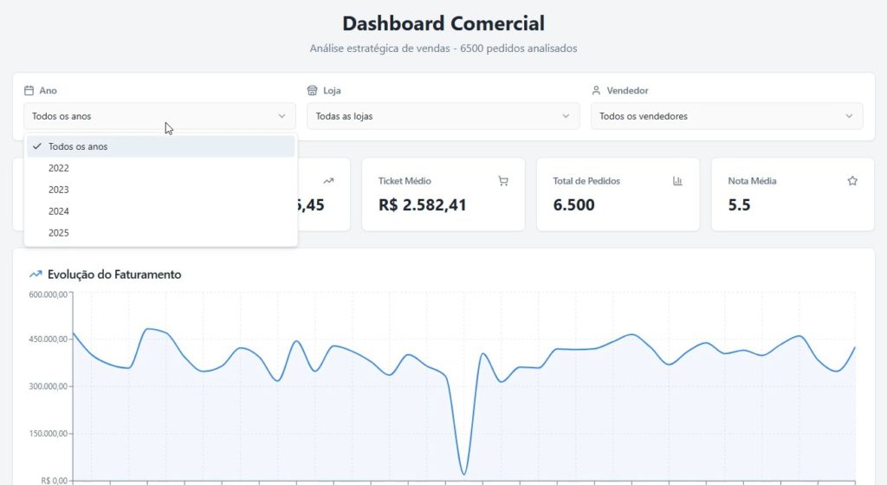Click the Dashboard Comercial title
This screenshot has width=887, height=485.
click(x=443, y=23)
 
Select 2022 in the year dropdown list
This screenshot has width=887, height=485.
click(x=59, y=168)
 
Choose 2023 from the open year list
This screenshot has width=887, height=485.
click(x=59, y=190)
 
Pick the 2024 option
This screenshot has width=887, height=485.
click(x=59, y=211)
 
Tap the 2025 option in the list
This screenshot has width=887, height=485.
click(x=59, y=233)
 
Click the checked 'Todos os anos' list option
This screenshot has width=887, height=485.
click(x=78, y=146)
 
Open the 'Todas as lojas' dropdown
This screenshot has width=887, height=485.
click(x=442, y=116)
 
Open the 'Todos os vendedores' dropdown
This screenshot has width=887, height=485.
click(x=726, y=116)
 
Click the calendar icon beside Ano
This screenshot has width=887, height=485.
click(x=29, y=90)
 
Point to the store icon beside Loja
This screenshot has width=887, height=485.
click(x=313, y=90)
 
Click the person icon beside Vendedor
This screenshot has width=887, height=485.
click(x=596, y=90)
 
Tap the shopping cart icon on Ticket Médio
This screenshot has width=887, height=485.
click(x=503, y=181)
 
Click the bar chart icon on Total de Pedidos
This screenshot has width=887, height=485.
click(x=677, y=181)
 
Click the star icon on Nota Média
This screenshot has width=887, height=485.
click(x=852, y=181)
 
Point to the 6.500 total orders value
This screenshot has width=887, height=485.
click(x=573, y=205)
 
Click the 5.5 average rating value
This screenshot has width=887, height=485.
click(x=739, y=205)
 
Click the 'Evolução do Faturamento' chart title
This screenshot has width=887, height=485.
click(x=114, y=275)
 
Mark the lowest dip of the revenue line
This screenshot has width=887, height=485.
click(x=464, y=474)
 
